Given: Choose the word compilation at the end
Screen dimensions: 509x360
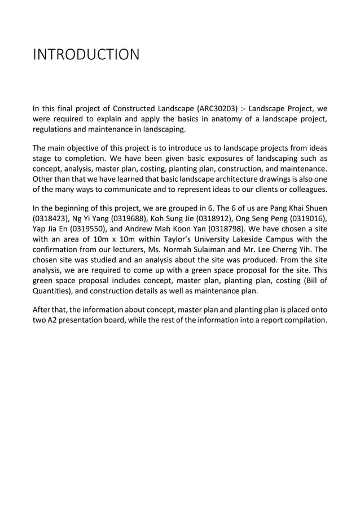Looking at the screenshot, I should [303, 322].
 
